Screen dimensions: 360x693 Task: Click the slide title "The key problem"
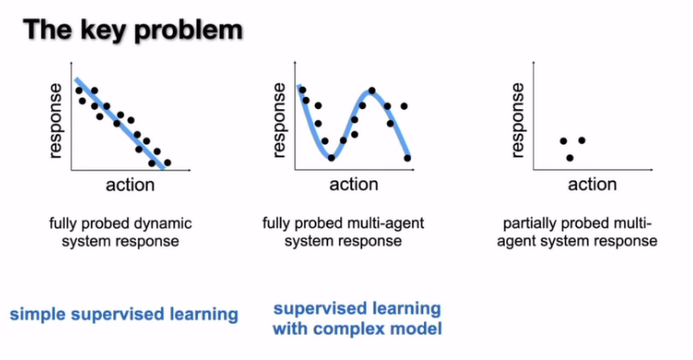pos(132,30)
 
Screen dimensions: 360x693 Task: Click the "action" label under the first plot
pos(130,185)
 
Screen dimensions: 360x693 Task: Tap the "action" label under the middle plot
pos(353,185)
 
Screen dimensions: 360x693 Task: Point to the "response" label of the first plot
pos(57,120)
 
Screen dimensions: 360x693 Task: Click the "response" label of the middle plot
pos(279,120)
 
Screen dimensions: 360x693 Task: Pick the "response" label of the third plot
pos(519,120)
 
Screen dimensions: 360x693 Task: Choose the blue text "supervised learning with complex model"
pos(356,318)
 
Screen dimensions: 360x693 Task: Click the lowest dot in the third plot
pos(569,157)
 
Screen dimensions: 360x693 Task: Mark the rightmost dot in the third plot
pos(581,140)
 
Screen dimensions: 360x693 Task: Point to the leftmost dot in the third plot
pos(562,140)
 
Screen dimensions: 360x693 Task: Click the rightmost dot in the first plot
pos(167,163)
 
